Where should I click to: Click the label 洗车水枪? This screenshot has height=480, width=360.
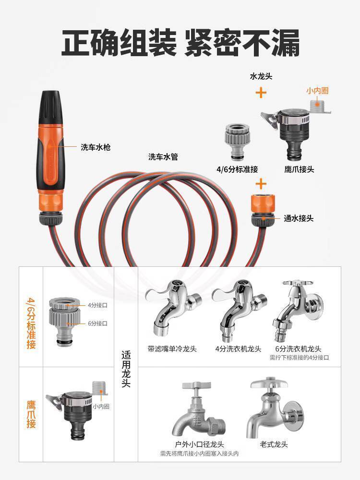(96, 147)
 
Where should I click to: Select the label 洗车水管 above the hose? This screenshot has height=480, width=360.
(163, 157)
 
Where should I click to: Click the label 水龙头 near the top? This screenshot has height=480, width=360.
(261, 76)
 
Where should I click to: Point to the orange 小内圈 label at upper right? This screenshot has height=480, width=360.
(317, 91)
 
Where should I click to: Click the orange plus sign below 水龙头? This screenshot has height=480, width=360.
(261, 93)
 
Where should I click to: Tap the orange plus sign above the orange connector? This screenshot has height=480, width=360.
(261, 184)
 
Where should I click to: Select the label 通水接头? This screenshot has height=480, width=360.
(299, 218)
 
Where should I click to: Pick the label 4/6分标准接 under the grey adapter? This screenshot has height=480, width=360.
(237, 169)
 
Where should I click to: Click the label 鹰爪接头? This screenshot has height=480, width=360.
(299, 169)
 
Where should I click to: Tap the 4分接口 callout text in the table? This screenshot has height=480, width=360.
(97, 305)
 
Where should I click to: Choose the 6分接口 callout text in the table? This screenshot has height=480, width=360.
(97, 323)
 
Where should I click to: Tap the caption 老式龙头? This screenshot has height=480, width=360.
(274, 444)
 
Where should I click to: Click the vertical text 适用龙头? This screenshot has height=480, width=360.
(126, 369)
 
